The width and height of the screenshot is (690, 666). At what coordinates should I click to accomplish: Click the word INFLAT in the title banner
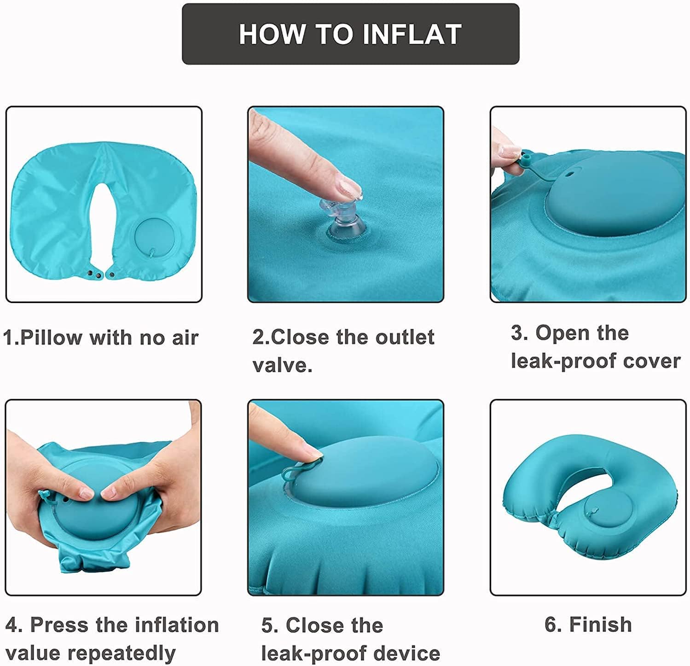pyautogui.click(x=412, y=34)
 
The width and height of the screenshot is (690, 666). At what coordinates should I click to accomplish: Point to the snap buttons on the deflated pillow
pyautogui.click(x=101, y=275)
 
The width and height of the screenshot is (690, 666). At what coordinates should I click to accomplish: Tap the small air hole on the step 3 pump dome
pyautogui.click(x=571, y=174)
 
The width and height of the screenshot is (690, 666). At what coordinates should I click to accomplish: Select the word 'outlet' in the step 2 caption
pyautogui.click(x=405, y=337)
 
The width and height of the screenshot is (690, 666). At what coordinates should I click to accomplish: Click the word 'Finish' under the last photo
pyautogui.click(x=600, y=625)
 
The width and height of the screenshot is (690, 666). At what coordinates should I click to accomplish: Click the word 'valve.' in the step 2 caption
pyautogui.click(x=283, y=365)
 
